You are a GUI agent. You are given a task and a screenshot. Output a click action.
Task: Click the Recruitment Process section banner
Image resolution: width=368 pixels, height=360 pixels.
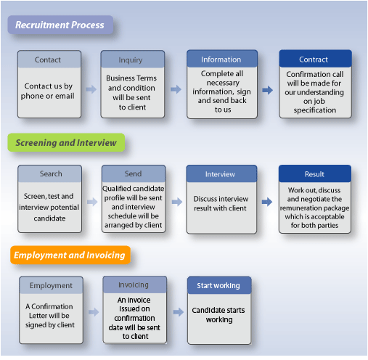coord(60,25)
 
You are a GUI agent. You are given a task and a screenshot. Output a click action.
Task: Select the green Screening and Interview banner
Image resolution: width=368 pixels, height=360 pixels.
coord(66,142)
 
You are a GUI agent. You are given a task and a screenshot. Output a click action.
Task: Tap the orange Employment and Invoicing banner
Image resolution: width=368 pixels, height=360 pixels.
coord(70,255)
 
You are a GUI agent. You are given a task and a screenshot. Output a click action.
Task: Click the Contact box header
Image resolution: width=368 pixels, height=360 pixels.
coord(49,60)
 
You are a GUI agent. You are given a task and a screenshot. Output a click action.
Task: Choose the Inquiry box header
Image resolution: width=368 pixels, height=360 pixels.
coord(133,60)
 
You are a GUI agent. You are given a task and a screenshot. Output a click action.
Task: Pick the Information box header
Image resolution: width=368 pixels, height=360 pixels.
coord(222,59)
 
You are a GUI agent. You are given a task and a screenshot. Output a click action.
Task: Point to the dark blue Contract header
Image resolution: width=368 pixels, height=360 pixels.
coord(315,59)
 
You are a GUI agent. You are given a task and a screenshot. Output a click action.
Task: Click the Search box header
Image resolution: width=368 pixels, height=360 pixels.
coord(49,173)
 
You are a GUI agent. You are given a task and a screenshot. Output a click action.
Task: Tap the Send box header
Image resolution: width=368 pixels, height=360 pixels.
coord(134,173)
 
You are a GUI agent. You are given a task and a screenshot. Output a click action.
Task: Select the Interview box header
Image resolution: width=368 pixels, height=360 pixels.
coord(221,173)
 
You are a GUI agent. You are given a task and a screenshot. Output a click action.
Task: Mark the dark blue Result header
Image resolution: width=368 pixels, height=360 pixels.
coord(315,173)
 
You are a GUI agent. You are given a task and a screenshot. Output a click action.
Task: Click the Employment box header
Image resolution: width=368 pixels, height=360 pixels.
coord(51,285)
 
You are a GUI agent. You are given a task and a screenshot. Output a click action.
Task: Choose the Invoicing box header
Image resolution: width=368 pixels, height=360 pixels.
coord(135,285)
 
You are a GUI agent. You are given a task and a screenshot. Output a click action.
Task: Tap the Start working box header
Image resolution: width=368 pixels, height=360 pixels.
coord(219,285)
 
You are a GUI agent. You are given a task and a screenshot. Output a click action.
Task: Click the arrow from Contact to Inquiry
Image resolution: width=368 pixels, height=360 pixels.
coord(91,89)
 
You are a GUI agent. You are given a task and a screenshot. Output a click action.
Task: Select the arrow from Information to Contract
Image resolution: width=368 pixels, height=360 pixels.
coord(268,90)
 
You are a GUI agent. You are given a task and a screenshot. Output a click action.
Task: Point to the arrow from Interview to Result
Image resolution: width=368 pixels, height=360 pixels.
coord(267,202)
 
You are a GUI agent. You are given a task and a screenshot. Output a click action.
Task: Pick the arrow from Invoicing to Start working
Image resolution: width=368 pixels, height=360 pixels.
coord(179,312)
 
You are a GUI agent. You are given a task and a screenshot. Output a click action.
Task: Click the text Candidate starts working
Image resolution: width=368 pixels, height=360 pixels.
coord(218,315)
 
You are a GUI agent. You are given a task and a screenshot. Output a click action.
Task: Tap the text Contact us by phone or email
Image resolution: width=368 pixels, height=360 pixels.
coord(48,91)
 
